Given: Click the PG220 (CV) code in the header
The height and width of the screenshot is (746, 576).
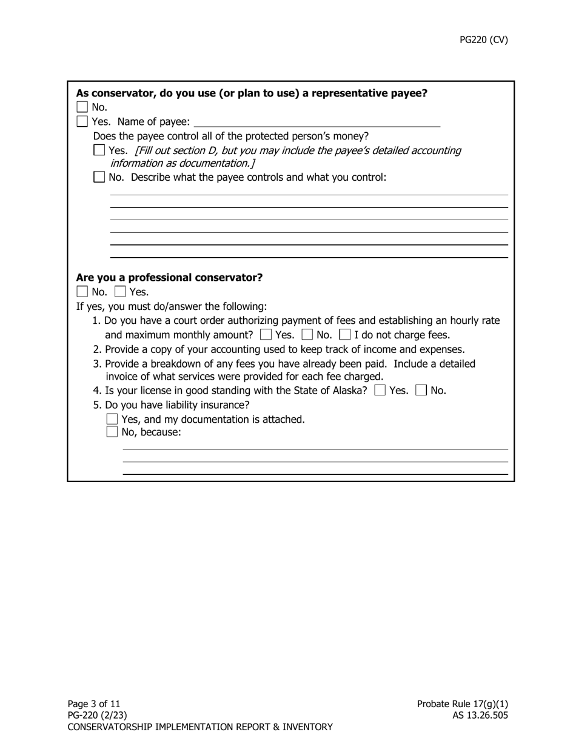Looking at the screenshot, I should click(483, 40).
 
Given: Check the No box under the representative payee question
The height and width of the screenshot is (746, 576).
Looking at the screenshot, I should click(82, 107).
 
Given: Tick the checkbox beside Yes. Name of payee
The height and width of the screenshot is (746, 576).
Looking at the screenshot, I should click(82, 122).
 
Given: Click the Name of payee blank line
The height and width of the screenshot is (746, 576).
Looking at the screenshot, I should click(316, 122).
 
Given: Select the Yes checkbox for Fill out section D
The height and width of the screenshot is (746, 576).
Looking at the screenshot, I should click(99, 150).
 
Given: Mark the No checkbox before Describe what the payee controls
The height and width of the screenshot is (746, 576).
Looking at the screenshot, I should click(99, 177).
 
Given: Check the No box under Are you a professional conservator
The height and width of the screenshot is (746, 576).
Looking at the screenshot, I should click(82, 292).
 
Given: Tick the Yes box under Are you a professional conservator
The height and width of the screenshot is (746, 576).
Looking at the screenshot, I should click(120, 292).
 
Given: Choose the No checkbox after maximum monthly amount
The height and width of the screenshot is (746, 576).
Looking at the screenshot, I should click(307, 335).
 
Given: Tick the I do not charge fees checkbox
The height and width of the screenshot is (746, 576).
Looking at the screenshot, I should click(345, 335).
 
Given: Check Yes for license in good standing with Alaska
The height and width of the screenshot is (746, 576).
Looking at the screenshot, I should click(380, 391).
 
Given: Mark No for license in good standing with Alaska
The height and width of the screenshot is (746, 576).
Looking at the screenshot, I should click(421, 391).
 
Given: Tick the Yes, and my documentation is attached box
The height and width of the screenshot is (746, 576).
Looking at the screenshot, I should click(112, 419).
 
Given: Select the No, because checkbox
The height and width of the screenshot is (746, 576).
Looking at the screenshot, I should click(112, 432).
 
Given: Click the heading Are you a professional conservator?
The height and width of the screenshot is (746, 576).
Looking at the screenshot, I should click(169, 277).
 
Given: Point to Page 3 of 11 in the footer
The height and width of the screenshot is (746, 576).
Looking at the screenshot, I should click(94, 704).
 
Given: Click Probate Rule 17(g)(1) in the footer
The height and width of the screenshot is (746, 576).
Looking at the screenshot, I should click(462, 704).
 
